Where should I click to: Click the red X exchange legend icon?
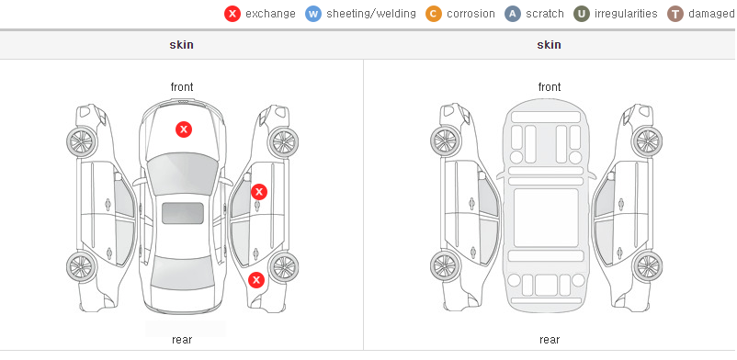232,14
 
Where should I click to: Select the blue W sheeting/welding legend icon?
313,14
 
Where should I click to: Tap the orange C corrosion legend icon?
434,14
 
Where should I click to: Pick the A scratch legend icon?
513,14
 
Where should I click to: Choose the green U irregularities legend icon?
582,14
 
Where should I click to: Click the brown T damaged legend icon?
675,14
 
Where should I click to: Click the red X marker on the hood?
184,129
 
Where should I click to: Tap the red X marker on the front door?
259,192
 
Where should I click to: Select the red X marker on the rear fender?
256,281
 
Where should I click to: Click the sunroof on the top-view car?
183,213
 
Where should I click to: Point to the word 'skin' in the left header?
181,45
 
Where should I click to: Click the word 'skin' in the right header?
549,45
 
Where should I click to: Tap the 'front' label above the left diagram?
182,87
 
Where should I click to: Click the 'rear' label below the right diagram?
550,340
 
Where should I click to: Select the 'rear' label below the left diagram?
182,340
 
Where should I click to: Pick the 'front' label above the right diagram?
550,87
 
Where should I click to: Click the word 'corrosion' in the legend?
471,14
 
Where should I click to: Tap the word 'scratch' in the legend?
545,14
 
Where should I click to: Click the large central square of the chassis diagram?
546,218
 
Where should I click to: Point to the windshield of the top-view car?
182,176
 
